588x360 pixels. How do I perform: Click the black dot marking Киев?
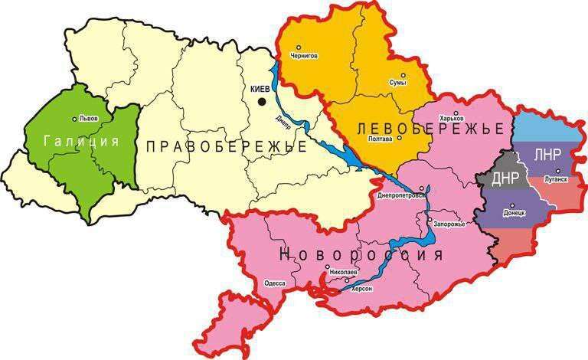(263, 100)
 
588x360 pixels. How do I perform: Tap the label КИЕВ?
(260, 89)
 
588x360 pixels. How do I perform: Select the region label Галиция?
(81, 142)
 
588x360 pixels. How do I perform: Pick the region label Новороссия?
(362, 254)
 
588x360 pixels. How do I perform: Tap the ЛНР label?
(547, 154)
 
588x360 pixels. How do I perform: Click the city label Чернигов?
(305, 56)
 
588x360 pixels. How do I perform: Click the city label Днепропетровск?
(400, 195)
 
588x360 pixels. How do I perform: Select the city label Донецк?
(514, 213)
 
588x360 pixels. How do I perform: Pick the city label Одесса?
(274, 283)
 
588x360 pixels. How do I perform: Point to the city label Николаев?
(342, 272)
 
